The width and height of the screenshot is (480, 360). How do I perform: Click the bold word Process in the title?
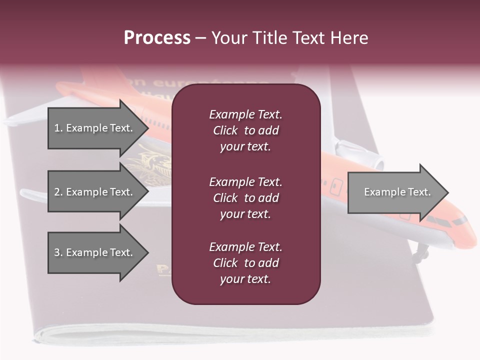click(157, 38)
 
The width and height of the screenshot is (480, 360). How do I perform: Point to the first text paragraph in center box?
click(245, 130)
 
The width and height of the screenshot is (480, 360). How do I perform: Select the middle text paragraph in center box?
click(245, 197)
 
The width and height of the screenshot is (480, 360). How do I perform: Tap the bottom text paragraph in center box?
click(245, 263)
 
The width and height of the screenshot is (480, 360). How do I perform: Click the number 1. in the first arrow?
click(58, 128)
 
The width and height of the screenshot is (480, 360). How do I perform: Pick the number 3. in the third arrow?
click(58, 252)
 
